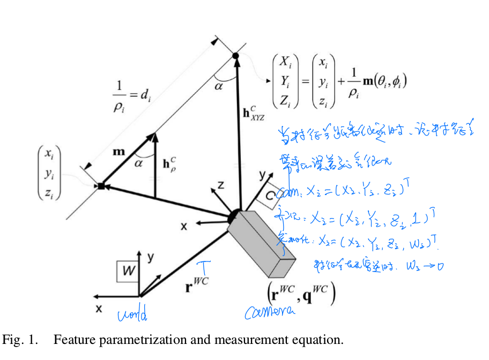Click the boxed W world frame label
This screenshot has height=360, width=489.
pyautogui.click(x=127, y=272)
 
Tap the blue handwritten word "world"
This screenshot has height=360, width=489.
pyautogui.click(x=132, y=315)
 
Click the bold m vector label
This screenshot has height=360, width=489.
pyautogui.click(x=119, y=152)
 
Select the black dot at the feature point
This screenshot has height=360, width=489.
pyautogui.click(x=235, y=55)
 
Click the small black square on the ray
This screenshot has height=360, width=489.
pyautogui.click(x=101, y=186)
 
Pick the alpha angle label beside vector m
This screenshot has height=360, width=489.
pyautogui.click(x=139, y=164)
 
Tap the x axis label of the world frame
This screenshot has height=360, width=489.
pyautogui.click(x=99, y=309)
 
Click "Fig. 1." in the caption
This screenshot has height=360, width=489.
pyautogui.click(x=20, y=340)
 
